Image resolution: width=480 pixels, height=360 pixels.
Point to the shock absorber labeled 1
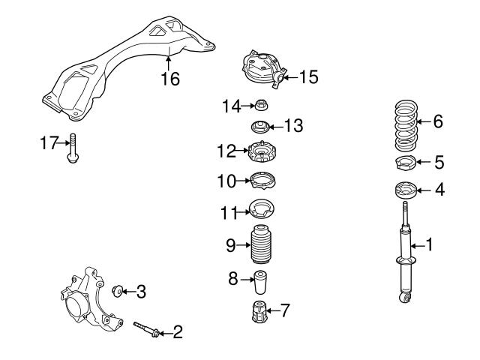tap(406, 255)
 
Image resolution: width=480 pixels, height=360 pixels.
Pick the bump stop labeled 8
tap(262, 284)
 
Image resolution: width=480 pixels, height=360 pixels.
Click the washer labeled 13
tap(262, 127)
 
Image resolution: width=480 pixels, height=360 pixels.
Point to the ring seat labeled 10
tap(262, 181)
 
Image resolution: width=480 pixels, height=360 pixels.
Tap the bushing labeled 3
tap(118, 290)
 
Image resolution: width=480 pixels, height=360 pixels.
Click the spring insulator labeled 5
tap(406, 163)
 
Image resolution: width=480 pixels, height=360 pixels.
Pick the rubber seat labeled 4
tap(406, 190)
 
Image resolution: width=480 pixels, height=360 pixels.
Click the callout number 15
tap(310, 76)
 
